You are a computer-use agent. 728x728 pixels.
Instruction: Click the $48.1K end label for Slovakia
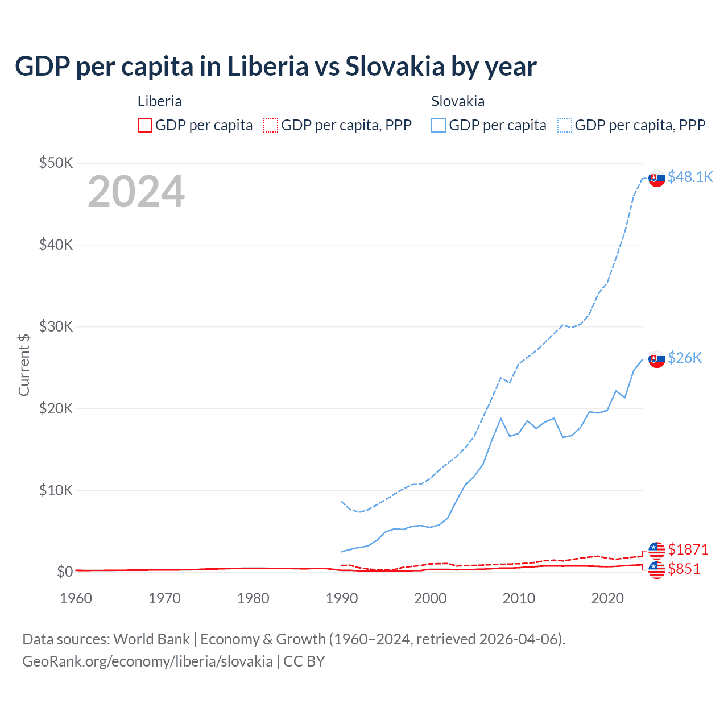click(x=690, y=177)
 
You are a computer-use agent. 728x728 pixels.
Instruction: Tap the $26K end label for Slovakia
click(x=685, y=358)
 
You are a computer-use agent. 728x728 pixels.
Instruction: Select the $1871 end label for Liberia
click(x=688, y=549)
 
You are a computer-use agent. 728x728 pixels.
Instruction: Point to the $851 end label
click(x=684, y=569)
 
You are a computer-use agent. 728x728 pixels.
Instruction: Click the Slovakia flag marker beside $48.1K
click(x=657, y=178)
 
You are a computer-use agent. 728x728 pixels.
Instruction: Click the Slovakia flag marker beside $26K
click(x=657, y=359)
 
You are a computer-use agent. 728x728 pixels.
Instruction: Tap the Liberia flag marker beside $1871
click(x=657, y=550)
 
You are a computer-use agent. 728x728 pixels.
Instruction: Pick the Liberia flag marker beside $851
click(x=657, y=569)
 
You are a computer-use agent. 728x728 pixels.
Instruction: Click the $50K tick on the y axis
click(x=56, y=163)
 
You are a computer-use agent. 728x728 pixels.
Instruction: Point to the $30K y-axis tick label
click(x=56, y=327)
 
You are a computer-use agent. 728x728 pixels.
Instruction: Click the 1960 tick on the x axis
click(x=76, y=598)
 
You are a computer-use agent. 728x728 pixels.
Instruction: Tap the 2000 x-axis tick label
click(x=430, y=598)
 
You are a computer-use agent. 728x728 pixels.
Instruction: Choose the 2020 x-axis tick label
click(x=607, y=598)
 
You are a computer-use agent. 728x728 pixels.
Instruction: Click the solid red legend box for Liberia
click(x=145, y=125)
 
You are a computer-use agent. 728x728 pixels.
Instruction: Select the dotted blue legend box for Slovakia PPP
click(x=565, y=125)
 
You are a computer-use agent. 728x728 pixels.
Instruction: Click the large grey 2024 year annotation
click(x=136, y=192)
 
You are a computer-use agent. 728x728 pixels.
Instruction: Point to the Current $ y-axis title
click(x=24, y=365)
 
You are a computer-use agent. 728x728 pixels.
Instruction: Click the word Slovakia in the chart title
click(x=395, y=67)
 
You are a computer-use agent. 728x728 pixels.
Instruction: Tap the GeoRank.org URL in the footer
click(x=147, y=661)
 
